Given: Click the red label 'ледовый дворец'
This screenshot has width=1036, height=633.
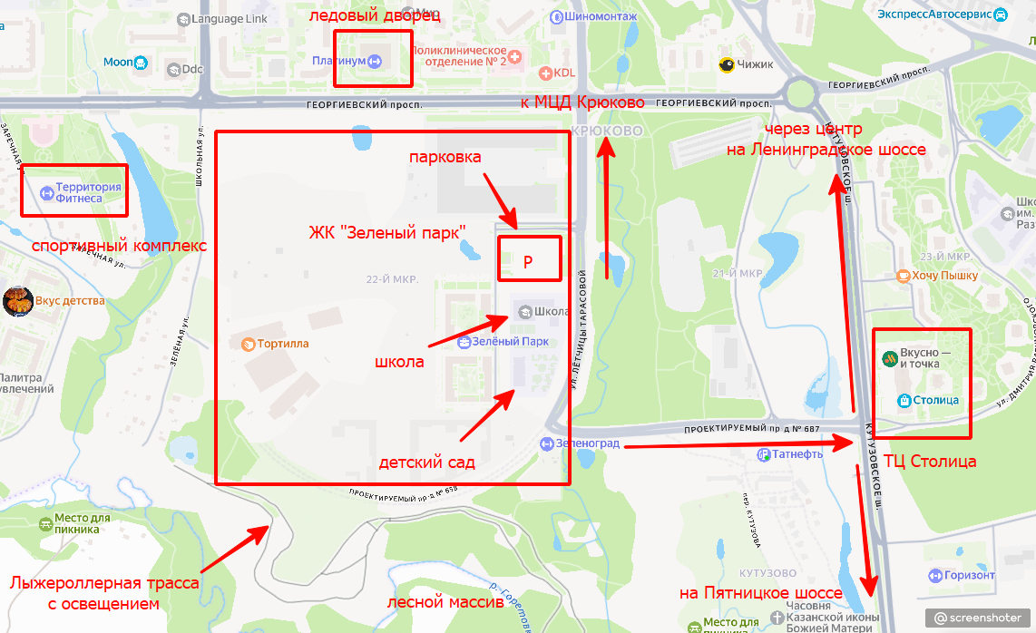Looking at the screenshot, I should (375, 16).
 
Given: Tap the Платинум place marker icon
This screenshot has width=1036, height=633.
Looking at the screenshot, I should (376, 61).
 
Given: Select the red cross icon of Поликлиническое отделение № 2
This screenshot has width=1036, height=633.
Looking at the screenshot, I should (516, 57).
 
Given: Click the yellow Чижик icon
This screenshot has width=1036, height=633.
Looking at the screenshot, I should (726, 64).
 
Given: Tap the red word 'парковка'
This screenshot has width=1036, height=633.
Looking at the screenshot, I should (445, 157).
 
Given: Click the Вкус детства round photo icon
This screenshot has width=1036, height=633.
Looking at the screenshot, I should (18, 301).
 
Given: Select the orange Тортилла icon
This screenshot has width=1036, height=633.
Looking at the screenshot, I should (247, 344).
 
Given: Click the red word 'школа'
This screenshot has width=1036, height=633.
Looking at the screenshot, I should (399, 362).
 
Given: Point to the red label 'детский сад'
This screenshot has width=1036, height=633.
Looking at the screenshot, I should (426, 463).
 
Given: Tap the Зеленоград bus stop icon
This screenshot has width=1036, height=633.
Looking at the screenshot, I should (546, 443).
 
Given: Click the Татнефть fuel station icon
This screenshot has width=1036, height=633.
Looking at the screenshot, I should (766, 453).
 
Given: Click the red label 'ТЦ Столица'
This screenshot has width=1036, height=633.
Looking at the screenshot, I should (930, 462).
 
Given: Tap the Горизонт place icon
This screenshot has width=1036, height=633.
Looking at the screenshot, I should (934, 575).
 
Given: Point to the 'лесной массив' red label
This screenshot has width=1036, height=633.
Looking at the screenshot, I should (445, 602).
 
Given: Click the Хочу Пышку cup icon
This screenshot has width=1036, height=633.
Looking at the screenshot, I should (902, 276).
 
